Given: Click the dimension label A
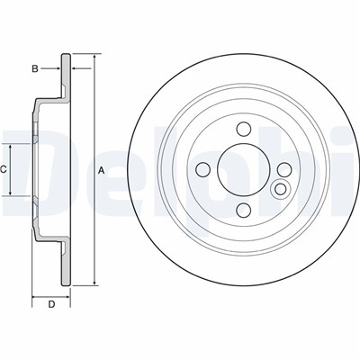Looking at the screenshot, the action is [x=102, y=171].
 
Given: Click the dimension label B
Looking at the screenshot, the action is [x=35, y=69].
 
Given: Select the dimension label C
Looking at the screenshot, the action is [x=4, y=170].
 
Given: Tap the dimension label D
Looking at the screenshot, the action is [x=51, y=304].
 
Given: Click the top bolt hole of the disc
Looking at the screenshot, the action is [x=244, y=130].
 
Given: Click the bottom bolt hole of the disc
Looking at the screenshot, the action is [x=244, y=210].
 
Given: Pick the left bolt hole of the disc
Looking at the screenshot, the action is [x=202, y=170].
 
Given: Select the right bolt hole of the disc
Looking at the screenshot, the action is [x=284, y=170].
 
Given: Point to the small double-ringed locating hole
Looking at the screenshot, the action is [x=281, y=189].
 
